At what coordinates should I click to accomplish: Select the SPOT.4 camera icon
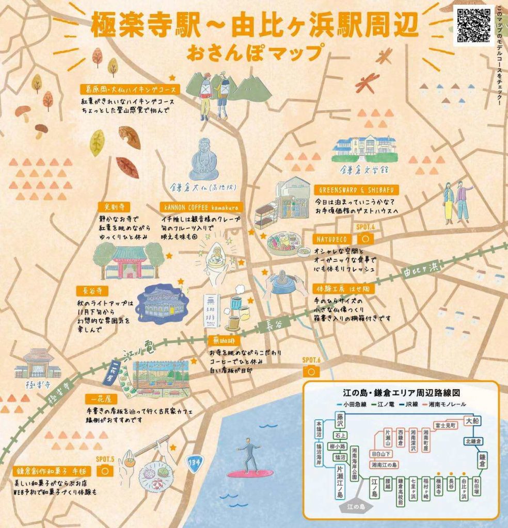pos(366,238)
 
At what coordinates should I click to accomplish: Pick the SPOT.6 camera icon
pos(311,370)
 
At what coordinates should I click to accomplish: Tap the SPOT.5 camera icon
pos(105,470)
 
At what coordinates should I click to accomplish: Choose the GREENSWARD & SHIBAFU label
pos(350,190)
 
